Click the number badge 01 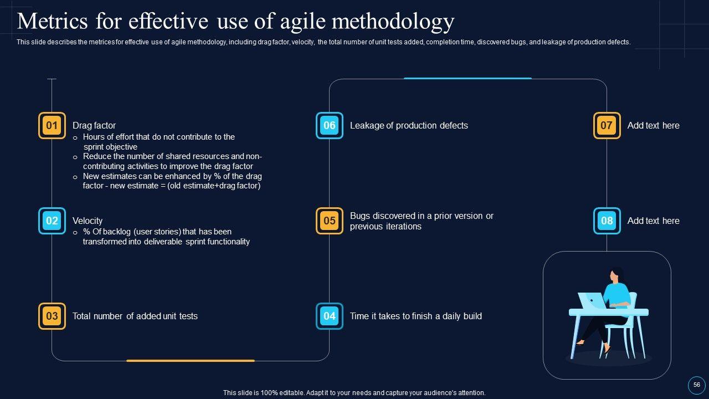coord(52,126)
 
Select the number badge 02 coord(52,221)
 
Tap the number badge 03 coord(52,316)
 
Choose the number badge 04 coord(330,316)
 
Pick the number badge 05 coord(330,221)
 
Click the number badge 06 coord(330,126)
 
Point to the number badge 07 coord(607,126)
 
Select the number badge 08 coord(607,221)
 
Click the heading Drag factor coord(94,126)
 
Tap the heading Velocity coord(88,221)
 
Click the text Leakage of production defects coord(409,126)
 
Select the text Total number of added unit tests coord(135,316)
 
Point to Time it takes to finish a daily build coord(416,316)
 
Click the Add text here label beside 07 coord(653,126)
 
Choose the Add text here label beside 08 coord(653,221)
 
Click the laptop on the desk coord(592,301)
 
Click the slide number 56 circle coord(696,385)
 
